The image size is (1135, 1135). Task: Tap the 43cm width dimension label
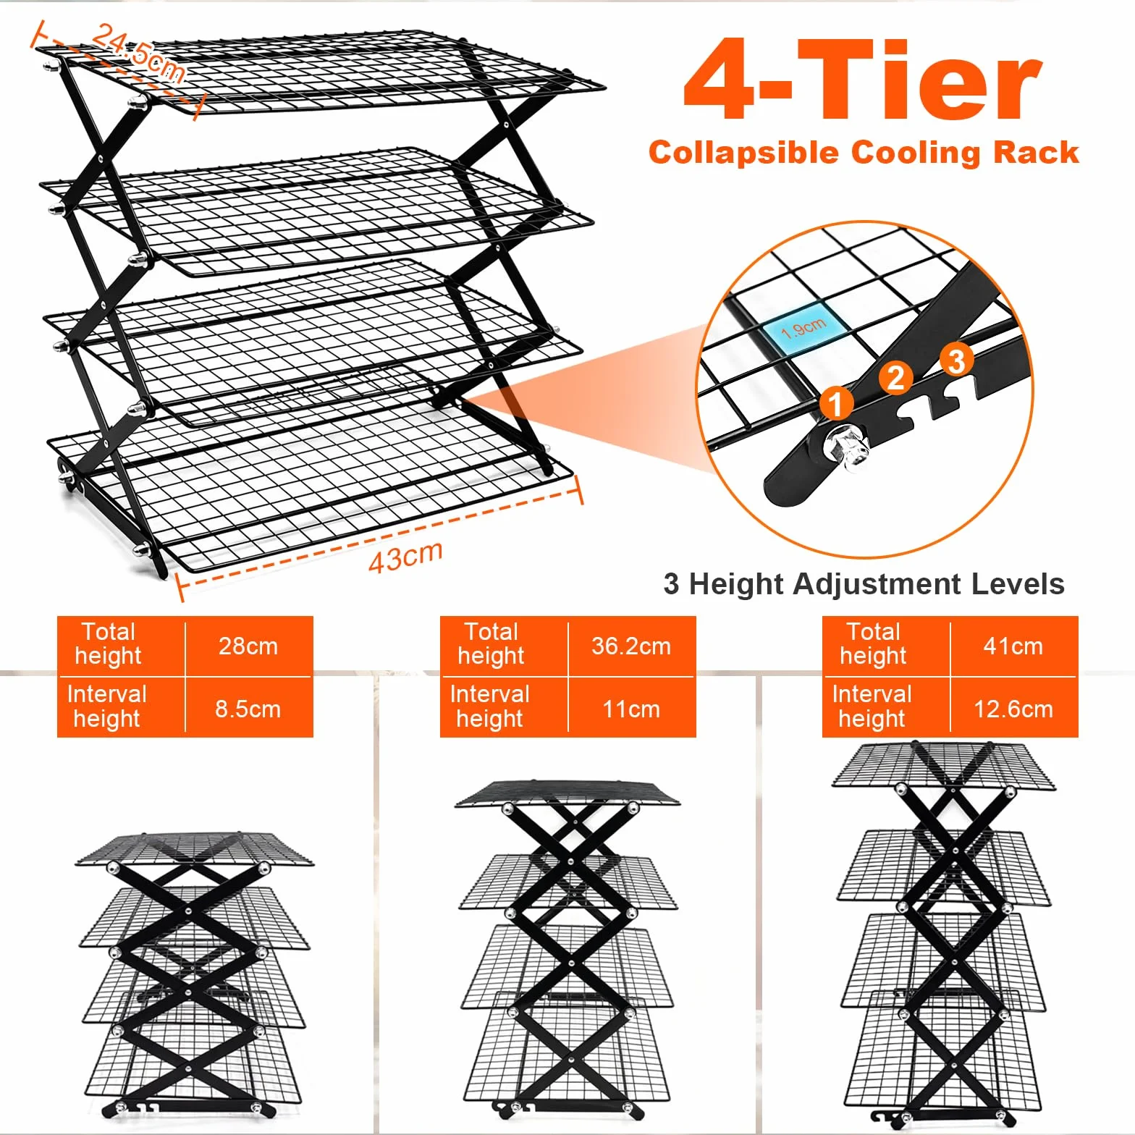click(x=405, y=557)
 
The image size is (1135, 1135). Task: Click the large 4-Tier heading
click(x=863, y=79)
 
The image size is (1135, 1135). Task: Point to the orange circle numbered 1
click(x=836, y=403)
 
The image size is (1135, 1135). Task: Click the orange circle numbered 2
click(x=896, y=377)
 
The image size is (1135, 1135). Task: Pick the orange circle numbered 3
click(x=957, y=360)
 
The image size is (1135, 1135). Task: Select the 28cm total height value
click(x=248, y=646)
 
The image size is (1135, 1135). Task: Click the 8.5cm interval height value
click(x=248, y=709)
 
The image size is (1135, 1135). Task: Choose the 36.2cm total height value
click(x=631, y=646)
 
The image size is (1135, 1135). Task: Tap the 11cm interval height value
click(x=631, y=709)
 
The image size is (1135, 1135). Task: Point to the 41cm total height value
click(x=1013, y=646)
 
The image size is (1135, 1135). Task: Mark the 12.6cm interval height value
click(x=1013, y=709)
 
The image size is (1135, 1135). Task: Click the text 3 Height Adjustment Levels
click(x=864, y=584)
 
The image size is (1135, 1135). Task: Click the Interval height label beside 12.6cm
click(x=872, y=706)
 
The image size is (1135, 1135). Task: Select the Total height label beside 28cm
click(x=108, y=644)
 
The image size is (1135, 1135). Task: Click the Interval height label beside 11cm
click(x=489, y=706)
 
